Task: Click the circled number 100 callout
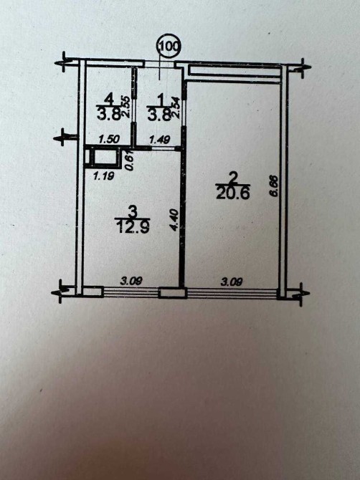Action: pyautogui.click(x=169, y=47)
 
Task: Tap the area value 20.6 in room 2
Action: pyautogui.click(x=233, y=193)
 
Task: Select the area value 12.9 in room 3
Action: pyautogui.click(x=133, y=227)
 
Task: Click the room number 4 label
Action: pyautogui.click(x=108, y=99)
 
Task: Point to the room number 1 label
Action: pyautogui.click(x=160, y=100)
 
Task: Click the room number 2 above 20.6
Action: pyautogui.click(x=233, y=178)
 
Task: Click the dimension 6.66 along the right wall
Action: pyautogui.click(x=274, y=186)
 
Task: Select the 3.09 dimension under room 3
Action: pyautogui.click(x=131, y=281)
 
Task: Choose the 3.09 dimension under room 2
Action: pyautogui.click(x=232, y=282)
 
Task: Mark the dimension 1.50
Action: pyautogui.click(x=109, y=140)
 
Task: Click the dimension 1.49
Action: pyautogui.click(x=159, y=140)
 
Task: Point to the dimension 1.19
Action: pyautogui.click(x=103, y=176)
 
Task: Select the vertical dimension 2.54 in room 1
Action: pyautogui.click(x=176, y=107)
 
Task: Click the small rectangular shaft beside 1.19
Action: pyautogui.click(x=103, y=158)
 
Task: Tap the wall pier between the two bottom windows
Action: pyautogui.click(x=173, y=293)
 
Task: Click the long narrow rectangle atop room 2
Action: pyautogui.click(x=235, y=70)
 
